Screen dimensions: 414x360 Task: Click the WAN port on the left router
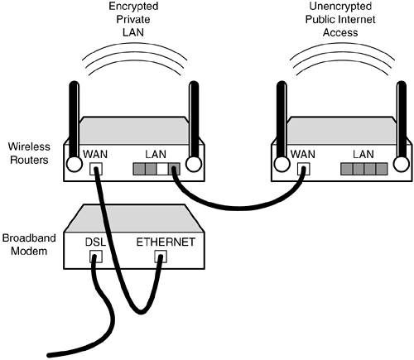pos(96,169)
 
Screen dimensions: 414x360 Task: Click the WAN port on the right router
pos(304,169)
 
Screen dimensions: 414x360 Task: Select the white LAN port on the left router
pos(162,169)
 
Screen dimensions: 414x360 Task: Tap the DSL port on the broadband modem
pos(96,257)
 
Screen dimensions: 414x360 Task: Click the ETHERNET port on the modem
pos(161,257)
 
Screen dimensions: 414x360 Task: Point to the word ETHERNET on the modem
pos(166,242)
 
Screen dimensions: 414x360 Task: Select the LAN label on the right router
pos(363,154)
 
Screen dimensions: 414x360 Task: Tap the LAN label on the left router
pos(156,154)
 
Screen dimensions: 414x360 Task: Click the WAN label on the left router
pos(95,154)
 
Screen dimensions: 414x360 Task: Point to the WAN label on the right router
pos(303,154)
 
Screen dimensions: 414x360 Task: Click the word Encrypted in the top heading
pos(133,7)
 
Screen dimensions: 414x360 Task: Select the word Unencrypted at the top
pos(340,6)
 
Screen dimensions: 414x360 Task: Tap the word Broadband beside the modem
pos(29,238)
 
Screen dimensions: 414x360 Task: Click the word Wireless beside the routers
pos(29,146)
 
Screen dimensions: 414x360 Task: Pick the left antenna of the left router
pos(74,126)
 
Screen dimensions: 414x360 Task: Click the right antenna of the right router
pos(402,126)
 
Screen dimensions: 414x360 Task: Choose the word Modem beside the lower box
pos(29,251)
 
